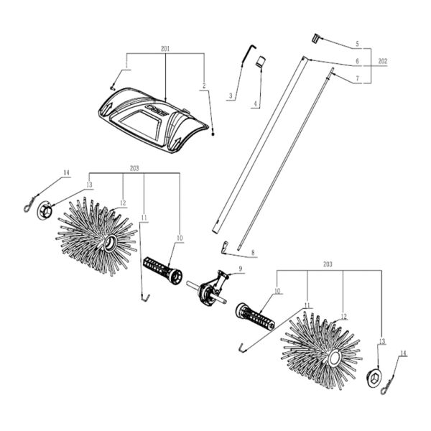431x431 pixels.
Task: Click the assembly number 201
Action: [165, 49]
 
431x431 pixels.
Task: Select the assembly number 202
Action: [382, 62]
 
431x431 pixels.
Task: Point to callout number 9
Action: [241, 268]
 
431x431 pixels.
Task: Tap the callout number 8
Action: [252, 253]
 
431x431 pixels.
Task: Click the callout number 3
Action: [231, 96]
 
